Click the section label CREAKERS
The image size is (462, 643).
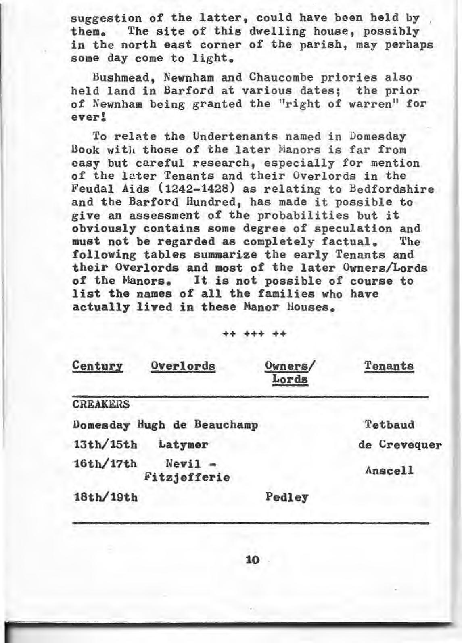tap(101, 404)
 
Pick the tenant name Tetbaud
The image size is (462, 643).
tap(389, 425)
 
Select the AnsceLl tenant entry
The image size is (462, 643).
tap(389, 471)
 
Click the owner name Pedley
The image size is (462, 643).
tap(287, 497)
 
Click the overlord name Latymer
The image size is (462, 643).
tap(183, 445)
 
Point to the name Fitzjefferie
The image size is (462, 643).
tap(187, 478)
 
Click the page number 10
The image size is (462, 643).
tap(252, 560)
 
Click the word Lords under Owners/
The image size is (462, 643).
tap(290, 379)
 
